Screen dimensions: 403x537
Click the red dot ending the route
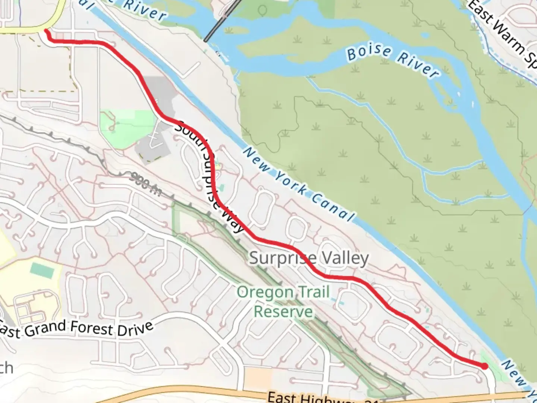click(x=484, y=366)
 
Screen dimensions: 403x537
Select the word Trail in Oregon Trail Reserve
click(x=313, y=292)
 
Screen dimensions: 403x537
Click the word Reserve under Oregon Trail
click(x=283, y=311)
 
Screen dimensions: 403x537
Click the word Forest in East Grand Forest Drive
click(x=91, y=328)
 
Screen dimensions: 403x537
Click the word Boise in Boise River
click(x=369, y=52)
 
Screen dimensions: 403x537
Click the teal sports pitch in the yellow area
click(x=41, y=269)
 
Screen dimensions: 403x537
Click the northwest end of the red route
click(x=46, y=31)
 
